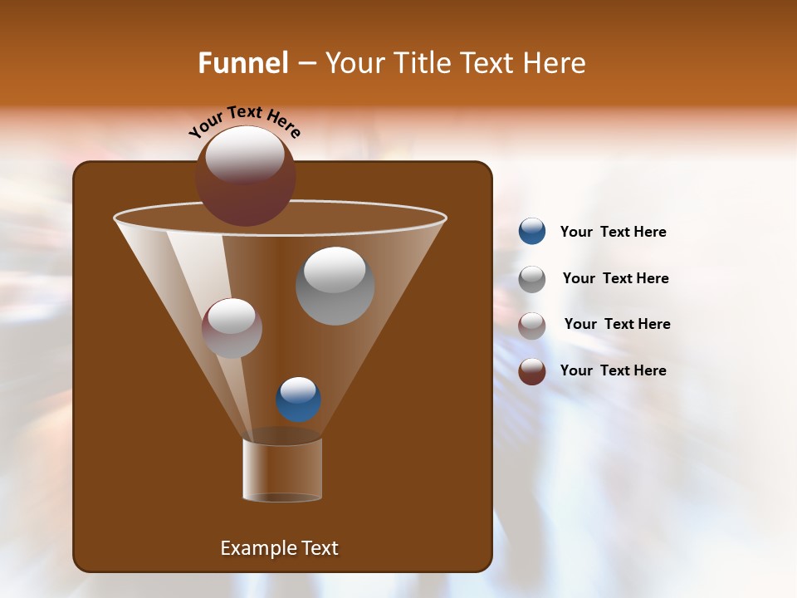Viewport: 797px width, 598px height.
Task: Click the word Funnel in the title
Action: click(242, 63)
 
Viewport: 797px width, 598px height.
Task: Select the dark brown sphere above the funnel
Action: click(245, 177)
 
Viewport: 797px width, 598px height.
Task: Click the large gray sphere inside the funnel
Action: click(335, 286)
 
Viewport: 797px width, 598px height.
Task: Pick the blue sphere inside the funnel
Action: click(298, 399)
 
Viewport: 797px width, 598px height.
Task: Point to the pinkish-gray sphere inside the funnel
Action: click(232, 328)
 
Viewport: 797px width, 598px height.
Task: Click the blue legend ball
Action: click(532, 232)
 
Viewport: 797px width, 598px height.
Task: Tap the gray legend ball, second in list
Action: click(532, 279)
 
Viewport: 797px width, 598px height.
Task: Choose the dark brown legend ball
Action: click(532, 371)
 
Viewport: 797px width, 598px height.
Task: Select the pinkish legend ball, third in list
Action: click(532, 326)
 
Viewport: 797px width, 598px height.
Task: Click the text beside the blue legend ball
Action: click(613, 233)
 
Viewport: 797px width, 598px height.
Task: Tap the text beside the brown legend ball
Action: click(613, 370)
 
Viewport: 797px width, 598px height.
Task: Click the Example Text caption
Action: click(279, 548)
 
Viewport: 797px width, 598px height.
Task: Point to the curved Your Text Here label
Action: click(244, 121)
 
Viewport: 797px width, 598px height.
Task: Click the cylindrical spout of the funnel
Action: click(282, 470)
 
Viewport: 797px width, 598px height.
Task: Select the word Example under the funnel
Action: click(256, 548)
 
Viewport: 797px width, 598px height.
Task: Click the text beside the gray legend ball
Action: click(615, 278)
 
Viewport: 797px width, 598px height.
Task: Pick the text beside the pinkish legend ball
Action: click(617, 324)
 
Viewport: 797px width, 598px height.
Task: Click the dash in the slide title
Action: click(306, 64)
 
